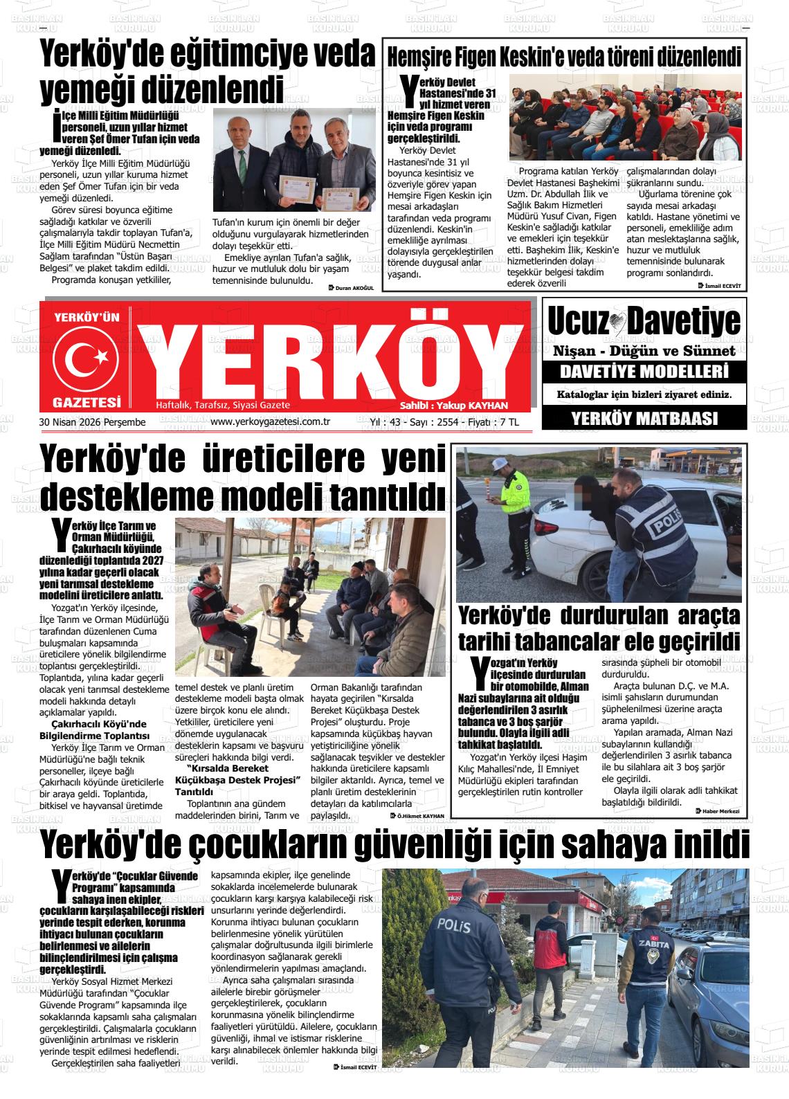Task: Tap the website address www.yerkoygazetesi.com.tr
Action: (269, 421)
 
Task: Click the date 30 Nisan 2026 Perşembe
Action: (93, 422)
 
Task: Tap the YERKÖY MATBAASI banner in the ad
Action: (644, 419)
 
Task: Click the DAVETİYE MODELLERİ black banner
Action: (644, 372)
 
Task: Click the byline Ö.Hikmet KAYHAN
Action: (419, 817)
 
